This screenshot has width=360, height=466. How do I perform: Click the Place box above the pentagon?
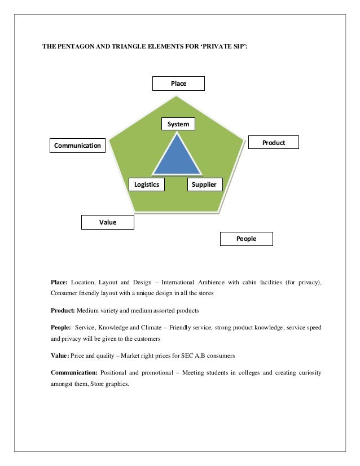(178, 83)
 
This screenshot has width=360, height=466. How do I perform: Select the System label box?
(178, 124)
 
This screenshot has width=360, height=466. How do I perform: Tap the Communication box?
(77, 146)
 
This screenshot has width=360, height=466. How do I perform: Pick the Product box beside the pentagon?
(274, 143)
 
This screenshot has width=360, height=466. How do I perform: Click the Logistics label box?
(146, 184)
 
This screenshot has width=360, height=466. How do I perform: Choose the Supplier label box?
(204, 184)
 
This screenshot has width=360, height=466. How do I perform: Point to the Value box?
(108, 222)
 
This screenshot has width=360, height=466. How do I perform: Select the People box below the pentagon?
(246, 239)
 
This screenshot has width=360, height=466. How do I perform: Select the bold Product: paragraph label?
(63, 310)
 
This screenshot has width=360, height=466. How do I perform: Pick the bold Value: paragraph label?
(60, 356)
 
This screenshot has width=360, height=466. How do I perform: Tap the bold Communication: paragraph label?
(74, 372)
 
